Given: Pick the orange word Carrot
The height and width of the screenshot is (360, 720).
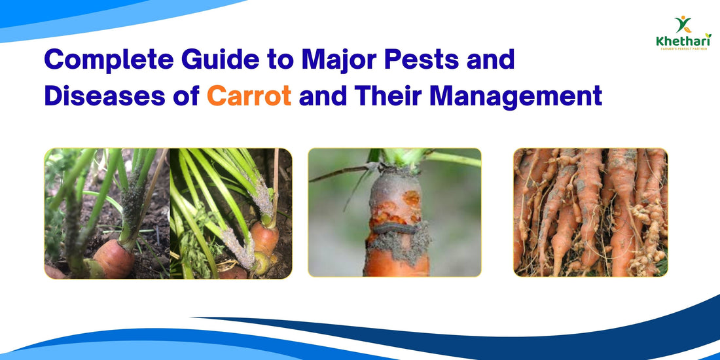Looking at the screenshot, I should (249, 97).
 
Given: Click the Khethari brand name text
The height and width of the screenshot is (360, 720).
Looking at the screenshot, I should (683, 41).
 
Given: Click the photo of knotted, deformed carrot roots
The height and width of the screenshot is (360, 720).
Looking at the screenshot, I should (590, 212).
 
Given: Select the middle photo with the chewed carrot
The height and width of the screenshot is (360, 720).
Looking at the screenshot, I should (394, 212).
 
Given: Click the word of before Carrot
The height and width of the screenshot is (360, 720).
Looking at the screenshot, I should (189, 97).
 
